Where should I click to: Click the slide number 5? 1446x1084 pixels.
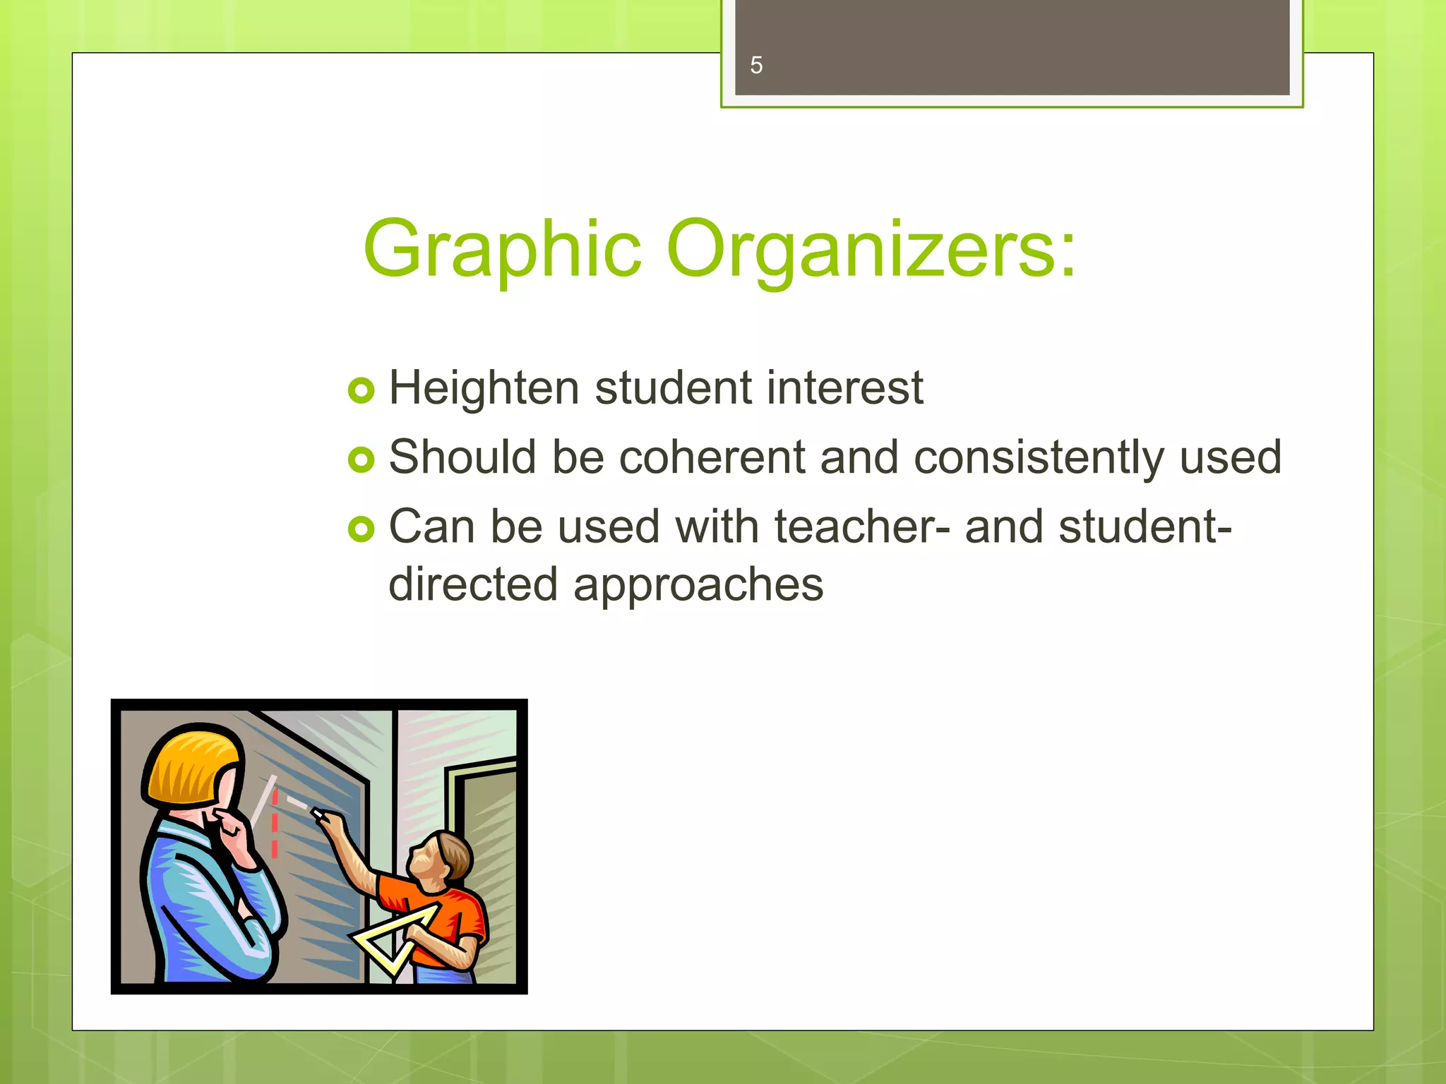point(756,66)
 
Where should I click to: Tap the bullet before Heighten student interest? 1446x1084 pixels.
point(361,390)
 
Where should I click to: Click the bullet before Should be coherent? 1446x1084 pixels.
point(361,460)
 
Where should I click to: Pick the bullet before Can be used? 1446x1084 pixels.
point(361,529)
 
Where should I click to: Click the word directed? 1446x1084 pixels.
point(473,585)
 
